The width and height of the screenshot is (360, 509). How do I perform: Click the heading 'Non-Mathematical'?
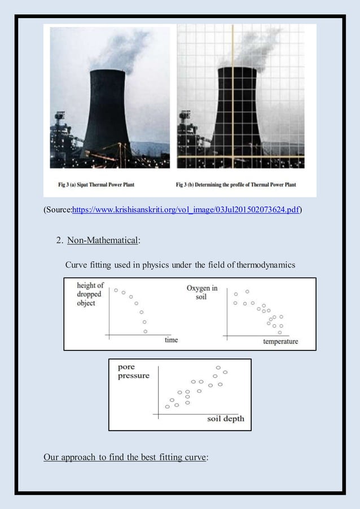pos(103,241)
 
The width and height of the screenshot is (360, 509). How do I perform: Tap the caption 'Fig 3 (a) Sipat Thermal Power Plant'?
pos(96,185)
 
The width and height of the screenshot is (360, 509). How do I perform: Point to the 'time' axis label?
pos(171,340)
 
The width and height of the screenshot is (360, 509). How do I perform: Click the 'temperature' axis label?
pos(280,341)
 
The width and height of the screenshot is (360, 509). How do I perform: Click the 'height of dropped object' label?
pos(90,294)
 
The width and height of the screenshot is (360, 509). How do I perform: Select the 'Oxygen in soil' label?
pos(202,292)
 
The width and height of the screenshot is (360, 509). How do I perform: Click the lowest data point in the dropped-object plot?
pos(146,331)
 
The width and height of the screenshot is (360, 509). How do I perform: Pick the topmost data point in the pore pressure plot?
pos(218,367)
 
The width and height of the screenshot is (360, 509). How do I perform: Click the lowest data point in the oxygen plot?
pos(280,332)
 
